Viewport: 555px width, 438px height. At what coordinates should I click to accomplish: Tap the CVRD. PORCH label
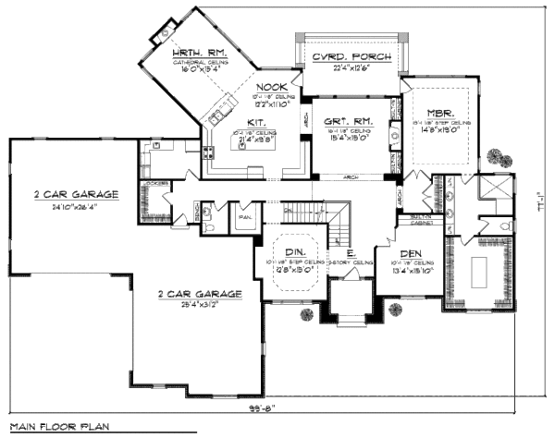tap(351, 56)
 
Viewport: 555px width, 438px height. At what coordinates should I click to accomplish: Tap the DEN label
tap(411, 253)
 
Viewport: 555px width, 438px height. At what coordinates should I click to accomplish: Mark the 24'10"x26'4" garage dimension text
tap(77, 208)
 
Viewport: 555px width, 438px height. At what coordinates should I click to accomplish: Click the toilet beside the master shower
tap(506, 225)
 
